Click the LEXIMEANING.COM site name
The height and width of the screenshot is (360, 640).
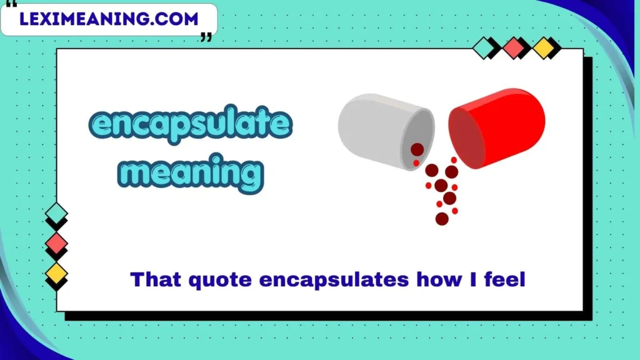tap(109, 19)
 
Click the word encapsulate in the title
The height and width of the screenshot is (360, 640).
tap(191, 124)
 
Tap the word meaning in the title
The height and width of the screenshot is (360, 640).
tap(191, 172)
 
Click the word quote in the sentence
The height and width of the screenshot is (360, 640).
tap(220, 281)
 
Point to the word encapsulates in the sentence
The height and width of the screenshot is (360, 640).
tap(334, 281)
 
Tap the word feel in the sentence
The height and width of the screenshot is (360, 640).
tap(504, 279)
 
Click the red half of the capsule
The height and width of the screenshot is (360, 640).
tap(497, 128)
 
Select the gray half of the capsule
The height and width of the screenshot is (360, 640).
tap(386, 131)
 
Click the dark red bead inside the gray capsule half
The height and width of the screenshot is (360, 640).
tap(417, 149)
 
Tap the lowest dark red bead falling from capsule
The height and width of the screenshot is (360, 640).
tap(442, 219)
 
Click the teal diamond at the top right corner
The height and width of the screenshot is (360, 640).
tap(484, 47)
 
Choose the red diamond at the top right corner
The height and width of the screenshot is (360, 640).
tap(514, 47)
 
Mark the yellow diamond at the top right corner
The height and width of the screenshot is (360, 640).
tap(544, 47)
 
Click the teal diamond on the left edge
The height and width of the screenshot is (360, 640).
tap(56, 213)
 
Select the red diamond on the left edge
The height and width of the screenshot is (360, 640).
tap(56, 243)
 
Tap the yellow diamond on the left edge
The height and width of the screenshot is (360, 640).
tap(56, 274)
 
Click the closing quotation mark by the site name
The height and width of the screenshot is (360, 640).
tap(206, 37)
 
